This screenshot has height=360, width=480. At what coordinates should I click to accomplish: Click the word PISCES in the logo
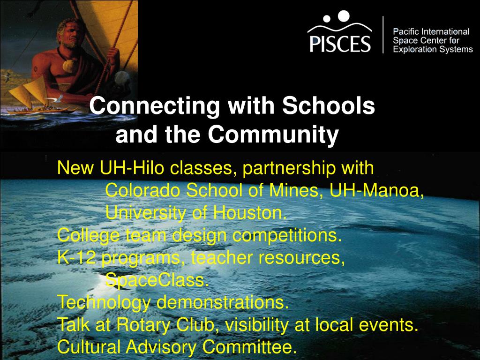click(340, 44)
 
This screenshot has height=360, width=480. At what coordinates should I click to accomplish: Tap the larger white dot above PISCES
click(344, 16)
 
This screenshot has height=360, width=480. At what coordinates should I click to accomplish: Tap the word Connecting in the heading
click(155, 106)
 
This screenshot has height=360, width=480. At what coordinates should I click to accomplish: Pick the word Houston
click(250, 213)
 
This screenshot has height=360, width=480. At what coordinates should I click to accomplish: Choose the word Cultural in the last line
click(89, 348)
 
